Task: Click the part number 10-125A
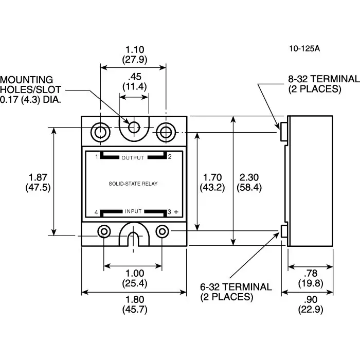click(304, 49)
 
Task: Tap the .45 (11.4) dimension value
click(135, 81)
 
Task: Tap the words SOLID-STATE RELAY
click(133, 183)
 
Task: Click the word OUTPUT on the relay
click(133, 157)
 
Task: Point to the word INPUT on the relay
click(133, 211)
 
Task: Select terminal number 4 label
click(96, 212)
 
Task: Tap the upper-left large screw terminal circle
click(100, 132)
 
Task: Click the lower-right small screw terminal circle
click(163, 231)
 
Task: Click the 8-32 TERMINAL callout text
click(323, 84)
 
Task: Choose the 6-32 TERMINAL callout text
click(236, 292)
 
